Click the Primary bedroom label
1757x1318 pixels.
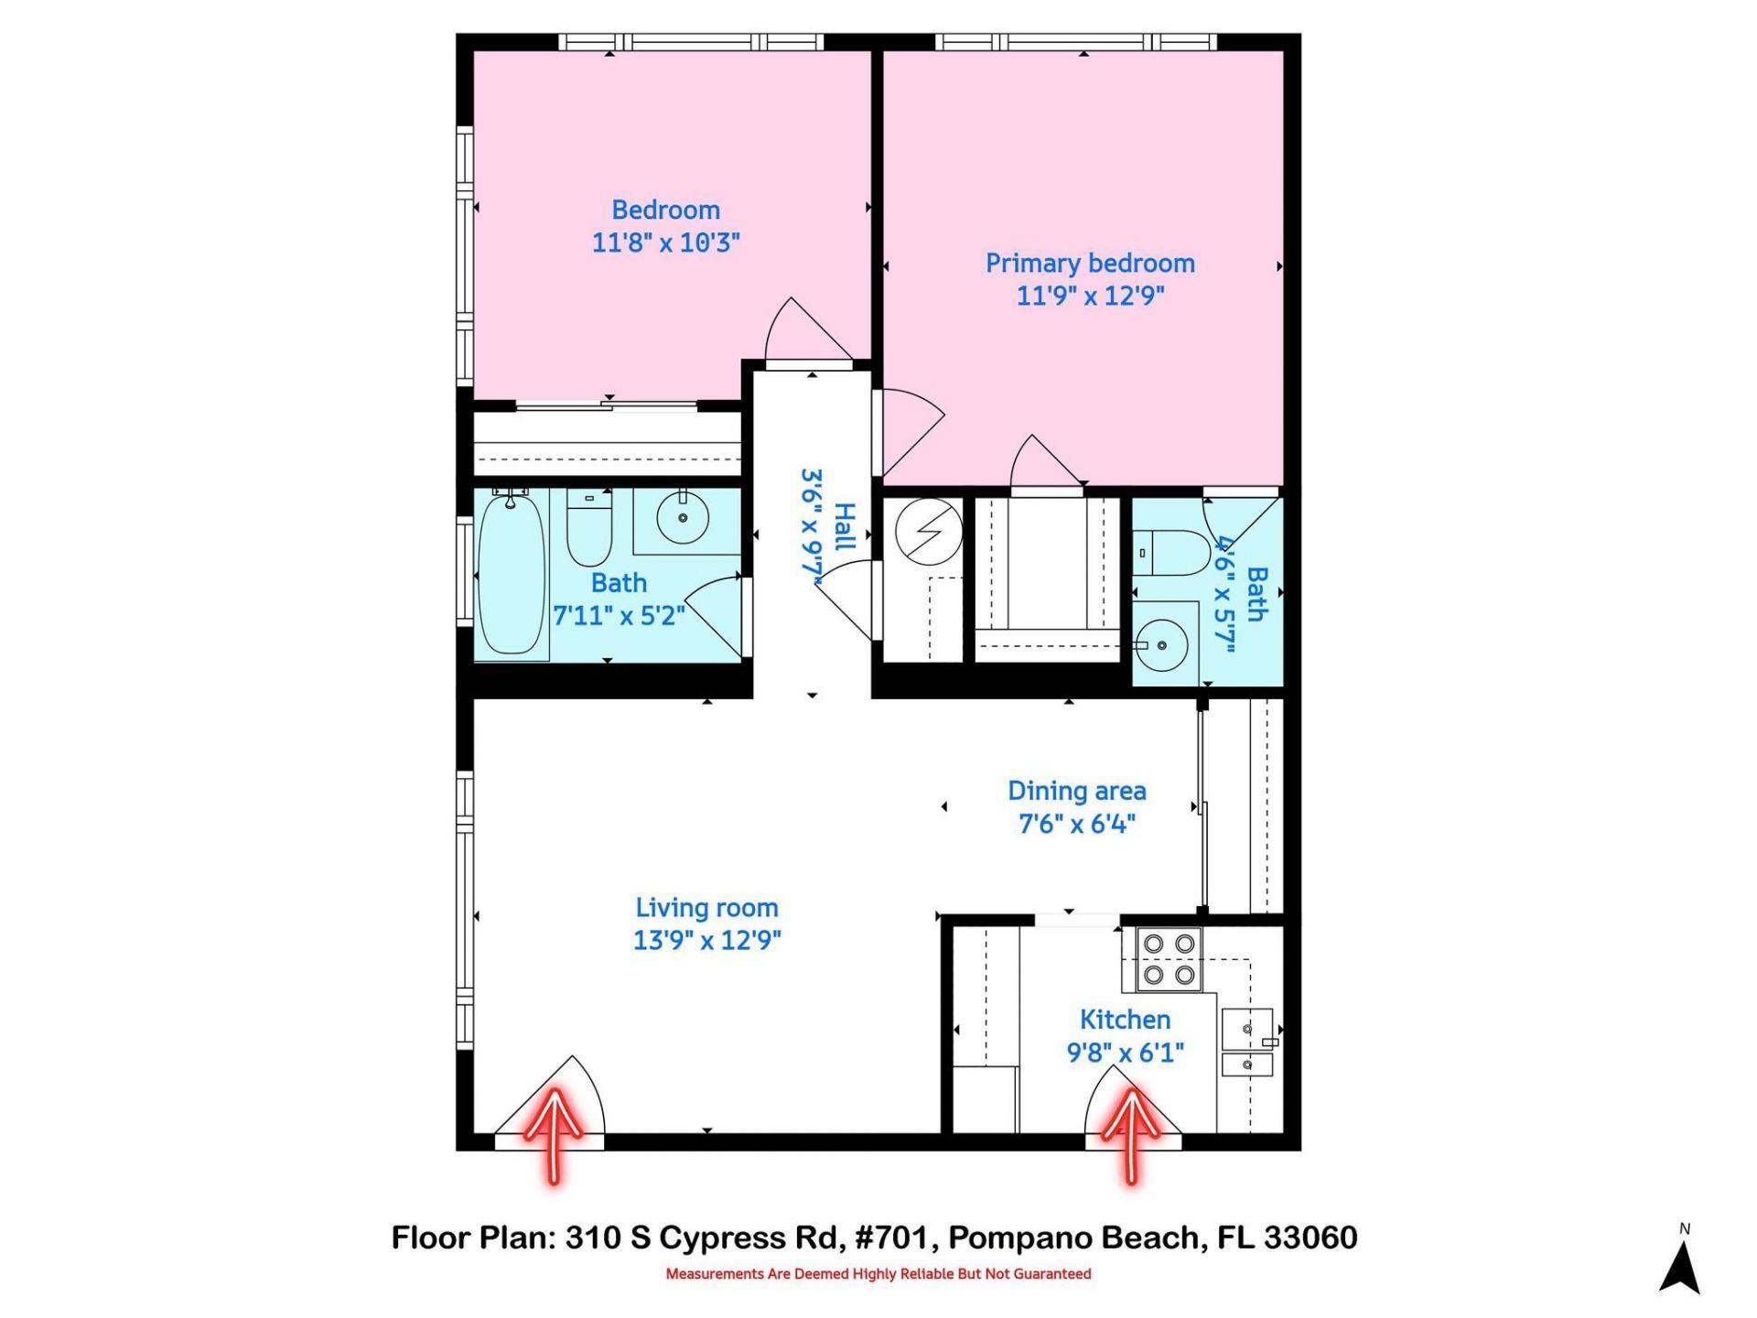click(1089, 264)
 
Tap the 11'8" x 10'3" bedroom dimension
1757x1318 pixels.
click(665, 243)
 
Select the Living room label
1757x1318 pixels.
click(706, 908)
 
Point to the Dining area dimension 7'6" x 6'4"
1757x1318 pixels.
click(1077, 824)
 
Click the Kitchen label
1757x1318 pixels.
click(1125, 1020)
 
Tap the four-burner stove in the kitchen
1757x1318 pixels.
click(1169, 959)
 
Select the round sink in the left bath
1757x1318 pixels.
click(683, 518)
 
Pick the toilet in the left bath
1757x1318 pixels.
click(588, 529)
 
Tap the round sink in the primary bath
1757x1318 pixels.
click(1162, 645)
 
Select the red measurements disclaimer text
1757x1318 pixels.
click(878, 1274)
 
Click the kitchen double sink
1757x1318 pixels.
click(1247, 1044)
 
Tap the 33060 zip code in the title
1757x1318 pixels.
click(1310, 1238)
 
